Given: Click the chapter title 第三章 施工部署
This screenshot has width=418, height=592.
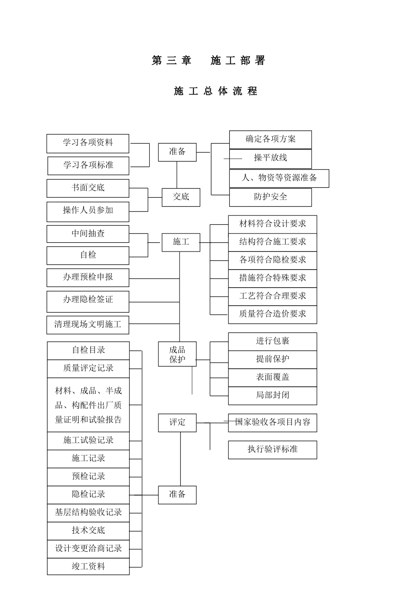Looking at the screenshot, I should coord(209,61).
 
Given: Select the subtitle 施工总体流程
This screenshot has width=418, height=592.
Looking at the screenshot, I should coord(215,91).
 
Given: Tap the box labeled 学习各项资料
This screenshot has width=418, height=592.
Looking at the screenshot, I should coord(88,143).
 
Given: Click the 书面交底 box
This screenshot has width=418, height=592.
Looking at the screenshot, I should coord(88,188).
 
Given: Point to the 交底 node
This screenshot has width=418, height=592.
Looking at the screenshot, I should coord(181,197).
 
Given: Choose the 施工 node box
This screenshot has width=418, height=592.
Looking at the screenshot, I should coord(181,242).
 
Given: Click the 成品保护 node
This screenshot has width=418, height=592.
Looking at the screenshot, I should coord(177,355).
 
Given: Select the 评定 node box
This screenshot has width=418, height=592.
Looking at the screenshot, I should coord(177,422).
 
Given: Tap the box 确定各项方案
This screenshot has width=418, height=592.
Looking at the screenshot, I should coord(270,140).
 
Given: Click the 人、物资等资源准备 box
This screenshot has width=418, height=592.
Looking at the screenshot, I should coord(279,178).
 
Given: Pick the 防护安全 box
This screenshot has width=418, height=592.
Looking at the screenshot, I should coord(270,197).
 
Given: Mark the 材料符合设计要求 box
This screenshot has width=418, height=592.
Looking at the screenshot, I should coord(272,224).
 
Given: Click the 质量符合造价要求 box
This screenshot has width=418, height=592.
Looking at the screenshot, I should coord(272,314).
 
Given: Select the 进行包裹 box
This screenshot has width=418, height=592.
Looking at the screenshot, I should coord(272,341).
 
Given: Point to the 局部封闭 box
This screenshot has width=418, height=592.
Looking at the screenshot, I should coord(272,396).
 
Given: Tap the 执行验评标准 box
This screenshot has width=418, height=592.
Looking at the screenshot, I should coord(272,449).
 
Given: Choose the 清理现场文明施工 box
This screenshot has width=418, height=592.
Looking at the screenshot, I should coord(88,325).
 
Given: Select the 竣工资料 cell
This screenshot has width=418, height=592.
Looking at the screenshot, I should coord(88,566).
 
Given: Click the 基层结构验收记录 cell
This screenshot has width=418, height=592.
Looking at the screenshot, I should coord(88,513).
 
